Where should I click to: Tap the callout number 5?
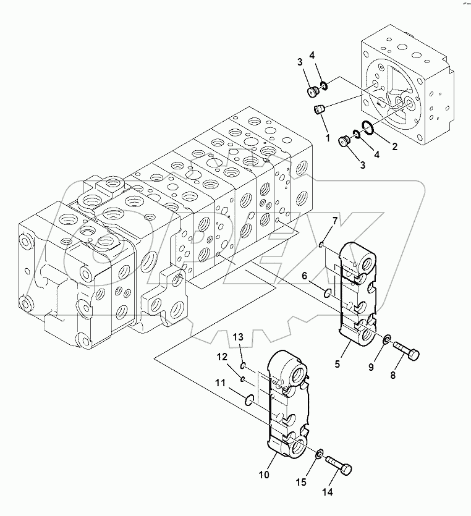click(x=337, y=364)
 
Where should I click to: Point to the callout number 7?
click(x=335, y=220)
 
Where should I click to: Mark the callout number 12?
click(x=222, y=357)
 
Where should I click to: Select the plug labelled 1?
click(x=320, y=111)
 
